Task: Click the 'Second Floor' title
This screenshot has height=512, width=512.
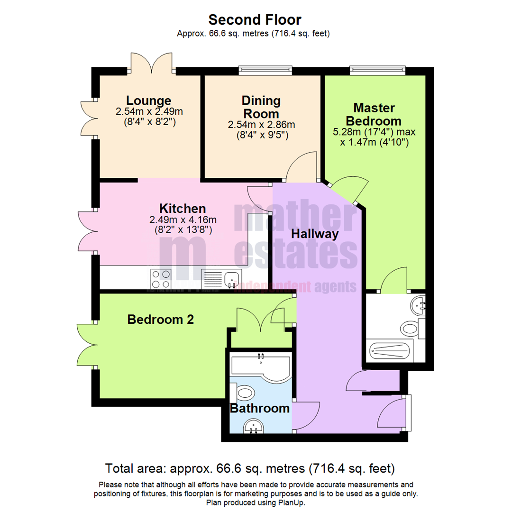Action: click(x=255, y=19)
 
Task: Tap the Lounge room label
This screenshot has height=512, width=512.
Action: click(x=149, y=101)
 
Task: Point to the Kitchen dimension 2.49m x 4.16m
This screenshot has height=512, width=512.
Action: click(x=183, y=219)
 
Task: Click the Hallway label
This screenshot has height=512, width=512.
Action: click(x=315, y=234)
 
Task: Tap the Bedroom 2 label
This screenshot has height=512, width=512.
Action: click(x=161, y=320)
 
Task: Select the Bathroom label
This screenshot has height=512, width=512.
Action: click(x=259, y=408)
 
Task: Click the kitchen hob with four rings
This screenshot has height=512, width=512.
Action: click(x=160, y=279)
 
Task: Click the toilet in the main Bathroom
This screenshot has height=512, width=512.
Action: click(x=244, y=392)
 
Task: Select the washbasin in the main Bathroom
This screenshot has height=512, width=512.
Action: click(x=255, y=427)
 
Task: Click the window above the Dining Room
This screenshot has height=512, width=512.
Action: click(x=265, y=71)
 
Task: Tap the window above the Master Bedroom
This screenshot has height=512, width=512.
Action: click(x=378, y=71)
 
